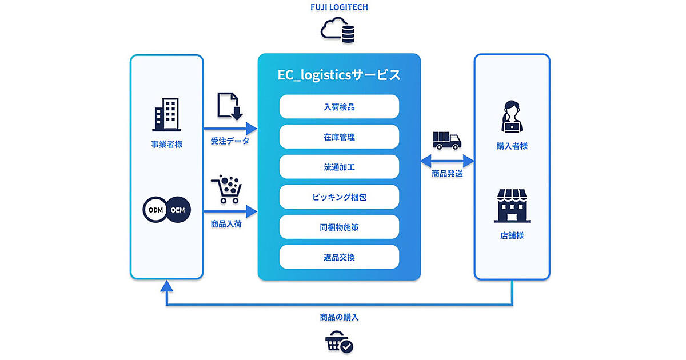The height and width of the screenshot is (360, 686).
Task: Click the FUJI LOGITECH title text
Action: (x=339, y=8)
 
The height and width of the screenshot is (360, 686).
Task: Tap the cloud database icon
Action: (x=339, y=30)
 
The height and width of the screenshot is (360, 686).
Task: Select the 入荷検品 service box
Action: (x=339, y=106)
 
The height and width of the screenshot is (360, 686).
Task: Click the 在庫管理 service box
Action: (x=339, y=137)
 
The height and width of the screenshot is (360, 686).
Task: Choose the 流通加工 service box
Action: (x=339, y=167)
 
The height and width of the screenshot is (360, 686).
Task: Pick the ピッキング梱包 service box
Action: (x=339, y=197)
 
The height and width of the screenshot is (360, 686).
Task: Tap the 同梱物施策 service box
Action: (x=339, y=227)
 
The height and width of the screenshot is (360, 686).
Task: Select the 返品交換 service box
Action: (x=339, y=257)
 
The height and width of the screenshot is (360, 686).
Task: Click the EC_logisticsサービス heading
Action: (x=339, y=75)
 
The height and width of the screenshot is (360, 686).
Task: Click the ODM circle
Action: (x=156, y=210)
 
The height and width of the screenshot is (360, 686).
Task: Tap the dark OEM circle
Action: (x=178, y=210)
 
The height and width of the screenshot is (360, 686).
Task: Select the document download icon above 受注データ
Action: (x=230, y=107)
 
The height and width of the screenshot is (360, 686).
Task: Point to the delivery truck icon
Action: (x=447, y=139)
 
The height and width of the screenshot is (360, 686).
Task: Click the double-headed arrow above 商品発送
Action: (x=447, y=160)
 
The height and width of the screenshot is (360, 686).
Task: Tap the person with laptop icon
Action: (x=512, y=117)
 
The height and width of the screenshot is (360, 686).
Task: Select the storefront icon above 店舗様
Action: (x=512, y=207)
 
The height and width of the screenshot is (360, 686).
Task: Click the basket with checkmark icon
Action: (x=339, y=343)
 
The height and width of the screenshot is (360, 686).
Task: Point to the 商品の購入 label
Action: (x=339, y=318)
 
